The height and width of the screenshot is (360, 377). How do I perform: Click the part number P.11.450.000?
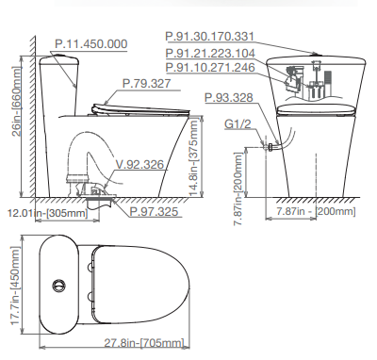(x=91, y=44)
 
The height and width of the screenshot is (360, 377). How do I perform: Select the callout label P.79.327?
(x=147, y=84)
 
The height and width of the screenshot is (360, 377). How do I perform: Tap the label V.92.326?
(x=139, y=164)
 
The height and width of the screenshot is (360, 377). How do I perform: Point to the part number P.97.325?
(x=154, y=211)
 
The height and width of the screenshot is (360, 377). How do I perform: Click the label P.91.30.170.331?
(x=209, y=37)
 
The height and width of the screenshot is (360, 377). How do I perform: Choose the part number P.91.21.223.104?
(x=210, y=54)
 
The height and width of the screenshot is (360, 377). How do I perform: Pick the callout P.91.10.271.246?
(x=210, y=68)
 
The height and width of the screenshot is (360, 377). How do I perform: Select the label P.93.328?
(x=229, y=98)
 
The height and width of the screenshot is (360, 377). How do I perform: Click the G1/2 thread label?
(x=238, y=124)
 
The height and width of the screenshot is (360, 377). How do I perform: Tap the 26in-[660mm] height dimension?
(x=17, y=101)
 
